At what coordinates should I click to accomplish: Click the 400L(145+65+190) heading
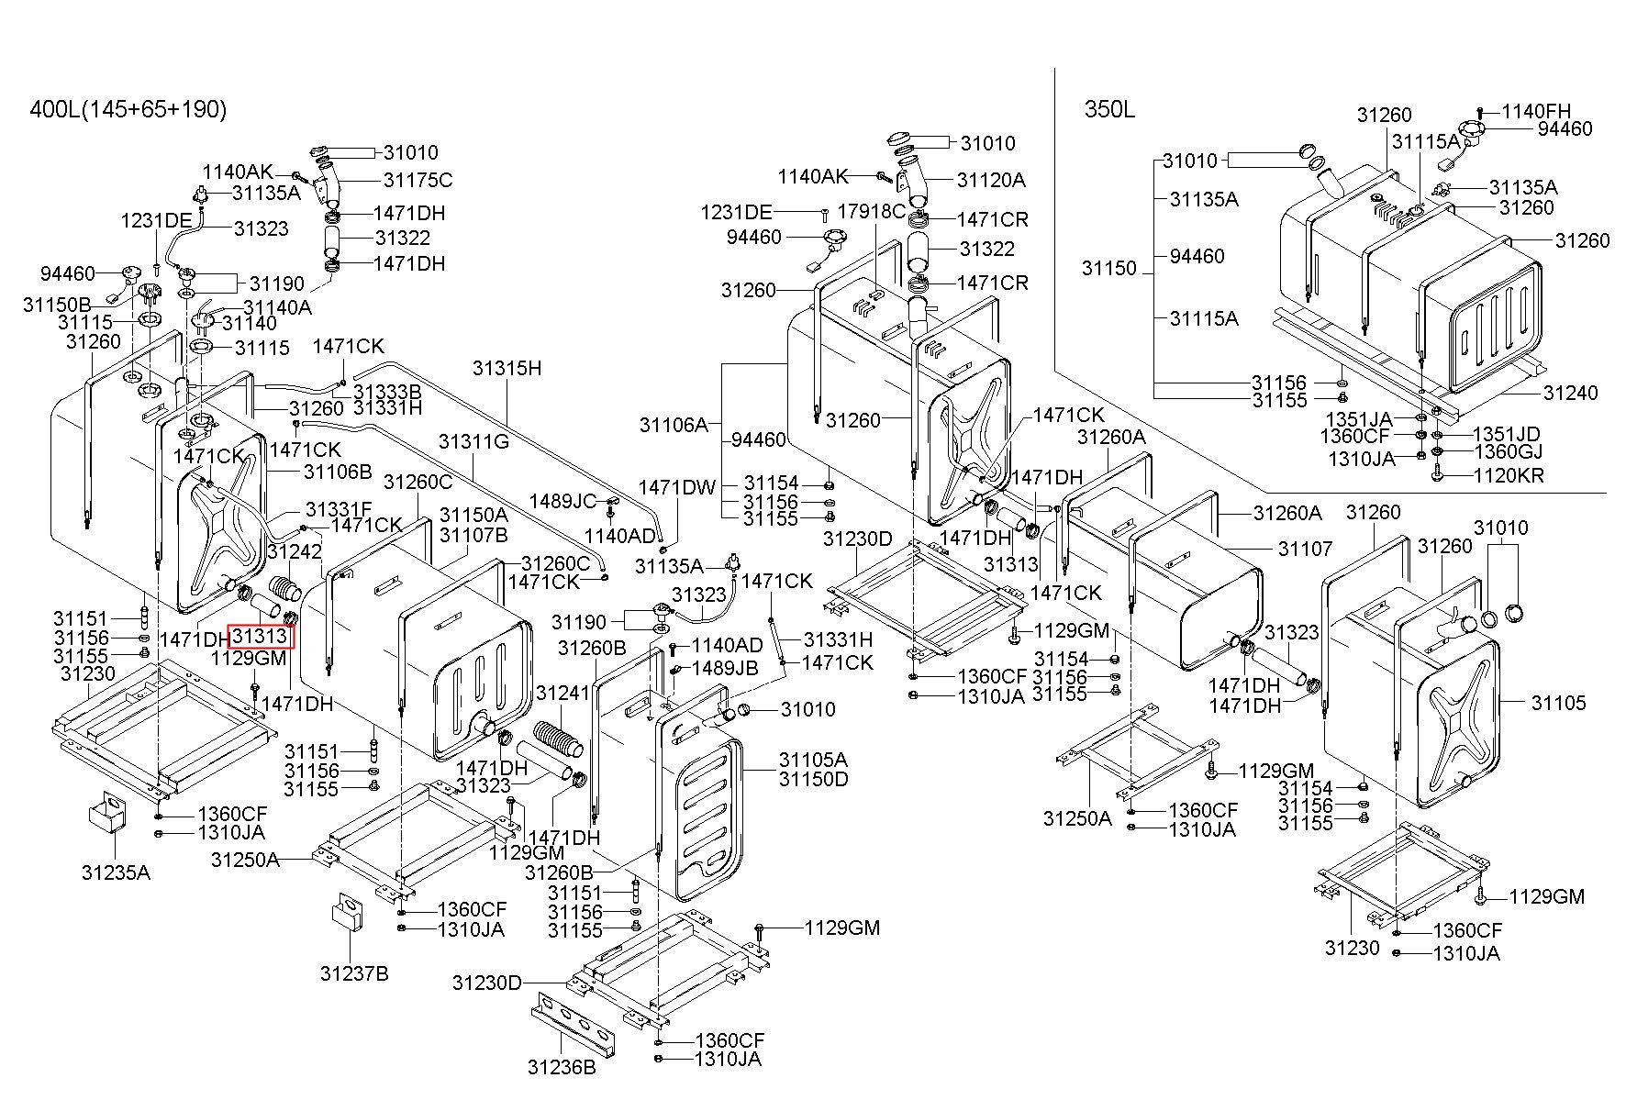(128, 110)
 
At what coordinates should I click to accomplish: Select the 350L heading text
(1109, 110)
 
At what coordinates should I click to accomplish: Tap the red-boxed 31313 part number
(262, 635)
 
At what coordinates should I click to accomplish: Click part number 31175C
(418, 180)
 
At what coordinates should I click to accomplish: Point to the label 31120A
(991, 180)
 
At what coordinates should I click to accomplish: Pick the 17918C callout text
(872, 210)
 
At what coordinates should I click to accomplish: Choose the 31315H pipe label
(507, 368)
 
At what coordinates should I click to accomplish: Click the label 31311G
(473, 441)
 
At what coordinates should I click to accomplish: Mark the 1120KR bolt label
(1508, 475)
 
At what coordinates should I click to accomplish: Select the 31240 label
(1570, 393)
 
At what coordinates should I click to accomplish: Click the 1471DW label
(677, 487)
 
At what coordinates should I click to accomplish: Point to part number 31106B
(338, 472)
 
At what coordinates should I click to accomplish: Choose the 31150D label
(813, 779)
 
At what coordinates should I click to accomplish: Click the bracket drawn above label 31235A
(106, 814)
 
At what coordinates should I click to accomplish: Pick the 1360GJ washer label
(1508, 451)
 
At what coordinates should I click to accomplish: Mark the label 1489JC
(562, 501)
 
